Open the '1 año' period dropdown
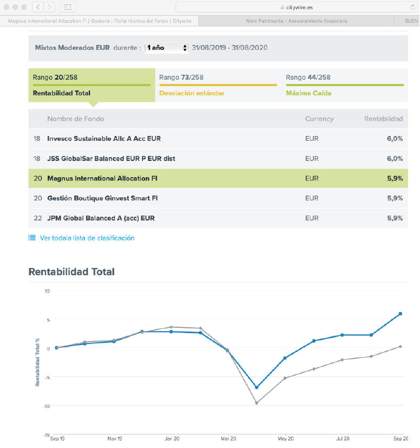point(166,48)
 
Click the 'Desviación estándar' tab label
point(191,93)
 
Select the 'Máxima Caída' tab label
point(308,93)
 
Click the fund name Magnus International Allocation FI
point(102,178)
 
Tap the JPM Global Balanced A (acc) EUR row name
point(101,218)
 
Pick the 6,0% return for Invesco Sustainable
point(395,139)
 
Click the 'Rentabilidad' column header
point(383,119)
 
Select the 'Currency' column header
point(319,119)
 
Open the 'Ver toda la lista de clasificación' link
point(87,238)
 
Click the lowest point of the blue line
point(256,387)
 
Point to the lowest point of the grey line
point(256,403)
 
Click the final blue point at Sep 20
point(400,314)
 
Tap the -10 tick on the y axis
point(46,406)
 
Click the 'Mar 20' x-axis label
point(229,439)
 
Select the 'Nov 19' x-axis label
point(115,439)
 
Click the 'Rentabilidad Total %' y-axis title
point(37,362)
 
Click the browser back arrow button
point(38,7)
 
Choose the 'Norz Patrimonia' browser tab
point(296,21)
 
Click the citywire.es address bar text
point(299,8)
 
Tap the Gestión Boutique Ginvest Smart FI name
point(102,198)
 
